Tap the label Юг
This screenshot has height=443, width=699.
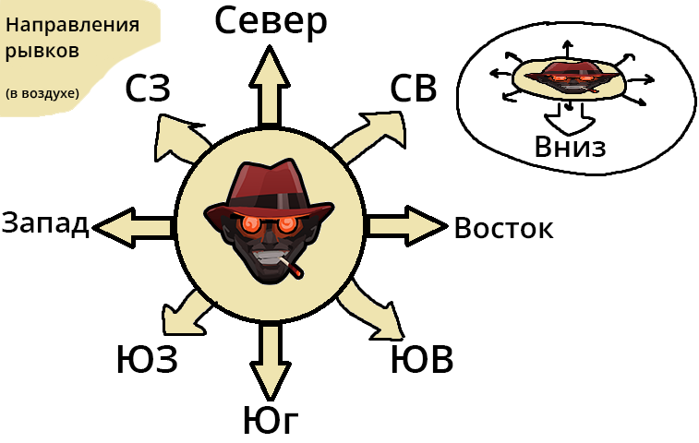[271, 420]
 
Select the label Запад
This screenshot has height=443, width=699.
[45, 223]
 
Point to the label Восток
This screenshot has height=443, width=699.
[503, 228]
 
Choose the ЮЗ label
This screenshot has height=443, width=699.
[147, 359]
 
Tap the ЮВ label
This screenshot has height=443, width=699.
[422, 360]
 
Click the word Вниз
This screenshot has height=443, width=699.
[570, 146]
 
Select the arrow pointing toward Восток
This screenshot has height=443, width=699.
[406, 224]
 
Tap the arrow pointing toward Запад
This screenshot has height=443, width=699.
[134, 224]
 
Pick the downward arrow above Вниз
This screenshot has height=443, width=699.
[564, 116]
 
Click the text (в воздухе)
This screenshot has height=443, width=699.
[42, 93]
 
